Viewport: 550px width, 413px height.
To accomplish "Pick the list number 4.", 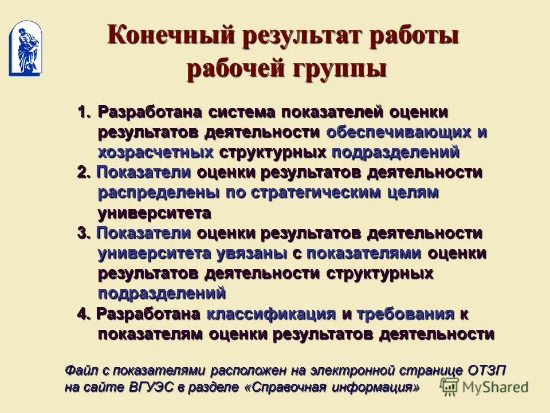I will click(84, 314).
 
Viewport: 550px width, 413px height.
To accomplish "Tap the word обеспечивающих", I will click(399, 132).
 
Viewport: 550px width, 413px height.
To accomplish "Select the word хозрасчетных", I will click(155, 152).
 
